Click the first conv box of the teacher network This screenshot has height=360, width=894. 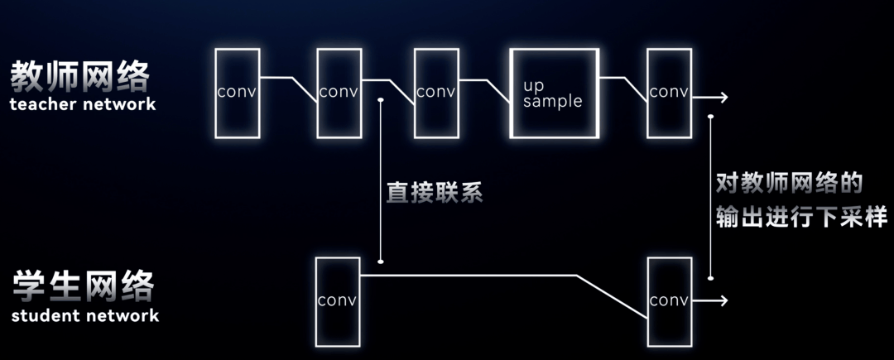pyautogui.click(x=237, y=93)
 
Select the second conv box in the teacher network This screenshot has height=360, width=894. pyautogui.click(x=339, y=93)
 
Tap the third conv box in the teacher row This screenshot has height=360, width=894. pyautogui.click(x=436, y=93)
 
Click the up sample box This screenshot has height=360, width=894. pyautogui.click(x=553, y=94)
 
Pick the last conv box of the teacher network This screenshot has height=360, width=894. pyautogui.click(x=669, y=93)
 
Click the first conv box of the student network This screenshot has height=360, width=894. pyautogui.click(x=338, y=300)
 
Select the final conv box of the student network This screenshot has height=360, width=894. pyautogui.click(x=669, y=300)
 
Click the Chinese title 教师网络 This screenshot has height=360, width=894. pyautogui.click(x=81, y=78)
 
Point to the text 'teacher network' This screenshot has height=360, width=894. pyautogui.click(x=83, y=105)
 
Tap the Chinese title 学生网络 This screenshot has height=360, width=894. pyautogui.click(x=84, y=287)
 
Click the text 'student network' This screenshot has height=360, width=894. pyautogui.click(x=85, y=315)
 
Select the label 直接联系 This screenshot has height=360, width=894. pyautogui.click(x=435, y=193)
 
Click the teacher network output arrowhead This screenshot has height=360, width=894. pyautogui.click(x=723, y=98)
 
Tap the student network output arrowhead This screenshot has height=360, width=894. pyautogui.click(x=723, y=300)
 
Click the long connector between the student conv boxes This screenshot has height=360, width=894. pyautogui.click(x=497, y=276)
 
